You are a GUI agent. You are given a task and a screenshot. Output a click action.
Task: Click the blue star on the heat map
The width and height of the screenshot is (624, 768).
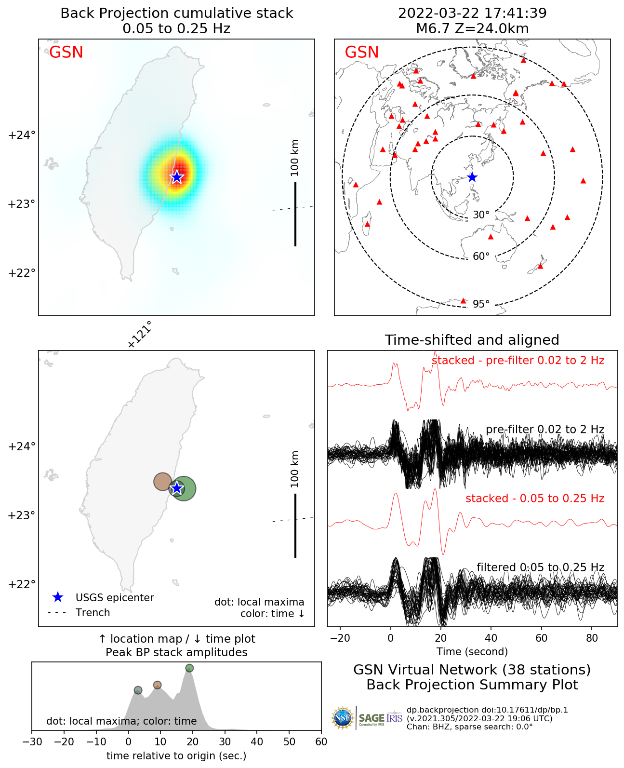click(177, 177)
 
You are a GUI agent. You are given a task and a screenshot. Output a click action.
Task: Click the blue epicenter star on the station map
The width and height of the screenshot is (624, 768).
click(472, 177)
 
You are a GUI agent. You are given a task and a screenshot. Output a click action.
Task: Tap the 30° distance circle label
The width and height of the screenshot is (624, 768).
click(481, 215)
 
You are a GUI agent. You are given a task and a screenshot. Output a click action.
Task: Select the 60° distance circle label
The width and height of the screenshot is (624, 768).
click(481, 256)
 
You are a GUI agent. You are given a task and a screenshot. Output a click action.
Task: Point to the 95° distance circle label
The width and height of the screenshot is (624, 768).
click(481, 304)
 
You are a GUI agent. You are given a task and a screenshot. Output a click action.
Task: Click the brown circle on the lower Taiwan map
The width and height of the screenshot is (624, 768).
click(162, 481)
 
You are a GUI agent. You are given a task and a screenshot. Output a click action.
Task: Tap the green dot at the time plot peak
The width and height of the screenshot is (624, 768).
click(189, 668)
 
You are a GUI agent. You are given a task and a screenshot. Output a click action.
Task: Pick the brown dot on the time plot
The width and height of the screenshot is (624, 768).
click(157, 685)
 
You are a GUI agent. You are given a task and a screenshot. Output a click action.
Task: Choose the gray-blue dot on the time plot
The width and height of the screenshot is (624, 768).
click(138, 690)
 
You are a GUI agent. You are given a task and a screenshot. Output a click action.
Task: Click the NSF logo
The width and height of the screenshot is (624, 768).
click(343, 718)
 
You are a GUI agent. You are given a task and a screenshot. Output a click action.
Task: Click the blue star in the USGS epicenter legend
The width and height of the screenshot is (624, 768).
click(58, 597)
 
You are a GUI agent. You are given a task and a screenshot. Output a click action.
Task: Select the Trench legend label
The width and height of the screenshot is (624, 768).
click(93, 613)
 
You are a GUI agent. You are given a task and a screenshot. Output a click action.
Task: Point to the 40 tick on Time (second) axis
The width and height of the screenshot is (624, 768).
click(491, 638)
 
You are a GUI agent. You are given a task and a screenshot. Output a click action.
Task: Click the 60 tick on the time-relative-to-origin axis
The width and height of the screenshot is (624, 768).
click(321, 742)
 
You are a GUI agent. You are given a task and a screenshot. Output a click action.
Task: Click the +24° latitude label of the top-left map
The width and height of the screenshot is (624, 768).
click(22, 135)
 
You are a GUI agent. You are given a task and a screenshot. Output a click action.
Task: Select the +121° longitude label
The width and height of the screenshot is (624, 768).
click(140, 334)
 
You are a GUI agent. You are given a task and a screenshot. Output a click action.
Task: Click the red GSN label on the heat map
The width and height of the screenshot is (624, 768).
click(66, 52)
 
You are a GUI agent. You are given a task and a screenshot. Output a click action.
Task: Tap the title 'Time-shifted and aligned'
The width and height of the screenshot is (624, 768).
click(472, 340)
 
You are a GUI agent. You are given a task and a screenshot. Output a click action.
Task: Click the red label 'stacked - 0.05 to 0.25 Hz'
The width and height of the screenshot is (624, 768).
click(534, 499)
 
